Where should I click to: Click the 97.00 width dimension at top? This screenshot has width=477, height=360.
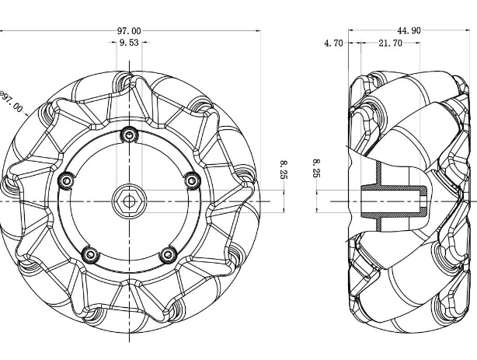(x=129, y=31)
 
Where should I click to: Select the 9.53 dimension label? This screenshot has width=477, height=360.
(x=129, y=43)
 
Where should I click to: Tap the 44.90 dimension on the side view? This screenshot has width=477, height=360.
(x=409, y=30)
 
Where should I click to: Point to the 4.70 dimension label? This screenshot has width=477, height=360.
(x=334, y=44)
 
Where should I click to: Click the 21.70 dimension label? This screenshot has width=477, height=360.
(x=390, y=44)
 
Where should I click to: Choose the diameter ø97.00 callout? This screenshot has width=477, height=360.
(x=11, y=101)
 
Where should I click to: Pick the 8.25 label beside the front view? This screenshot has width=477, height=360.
(x=284, y=170)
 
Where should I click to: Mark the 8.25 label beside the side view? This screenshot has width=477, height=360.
(x=317, y=168)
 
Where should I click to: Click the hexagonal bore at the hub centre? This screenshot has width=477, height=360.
(x=129, y=201)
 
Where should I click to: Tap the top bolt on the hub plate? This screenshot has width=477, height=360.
(x=130, y=135)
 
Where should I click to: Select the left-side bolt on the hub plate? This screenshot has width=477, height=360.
(x=66, y=181)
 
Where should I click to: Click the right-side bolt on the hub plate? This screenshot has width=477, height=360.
(x=192, y=181)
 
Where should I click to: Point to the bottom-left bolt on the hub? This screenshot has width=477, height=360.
(x=91, y=254)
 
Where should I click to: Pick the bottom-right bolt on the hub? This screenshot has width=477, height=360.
(x=169, y=254)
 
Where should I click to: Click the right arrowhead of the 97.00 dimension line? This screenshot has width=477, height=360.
(x=259, y=31)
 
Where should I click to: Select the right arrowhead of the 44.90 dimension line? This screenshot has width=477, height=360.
(x=468, y=30)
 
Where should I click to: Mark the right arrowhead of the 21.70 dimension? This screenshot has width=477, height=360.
(x=418, y=43)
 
